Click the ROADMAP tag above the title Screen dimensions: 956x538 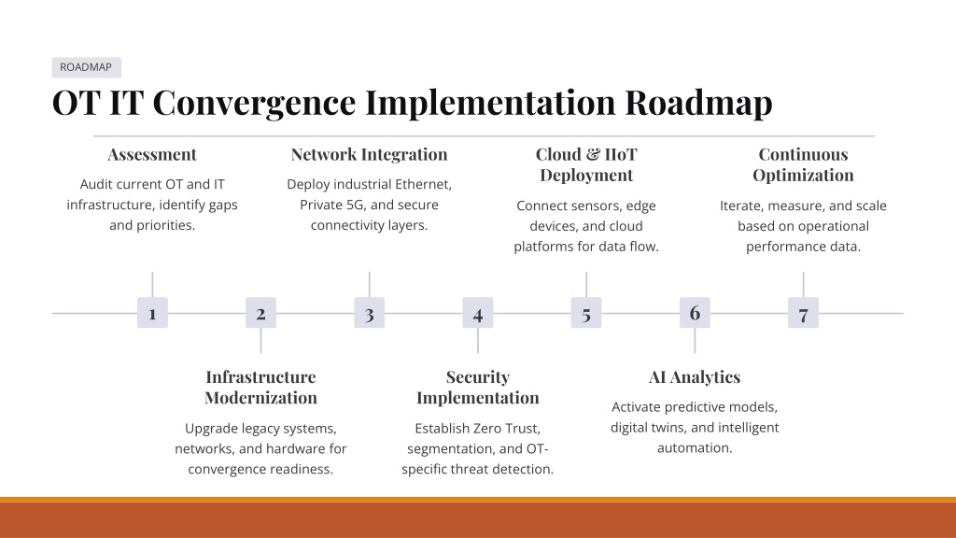tap(86, 67)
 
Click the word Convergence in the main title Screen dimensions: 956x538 tap(254, 103)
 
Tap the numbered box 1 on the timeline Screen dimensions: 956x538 tap(152, 313)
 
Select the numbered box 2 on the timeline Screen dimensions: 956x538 tap(261, 313)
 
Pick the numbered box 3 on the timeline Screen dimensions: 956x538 tap(370, 313)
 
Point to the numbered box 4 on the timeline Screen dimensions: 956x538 tap(478, 313)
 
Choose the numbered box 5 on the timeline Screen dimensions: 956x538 tap(586, 313)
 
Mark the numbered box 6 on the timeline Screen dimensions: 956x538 tap(695, 313)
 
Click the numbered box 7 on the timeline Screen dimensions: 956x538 tap(804, 313)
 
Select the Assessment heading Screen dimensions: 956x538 tap(152, 154)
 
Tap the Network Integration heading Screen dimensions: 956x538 tap(370, 155)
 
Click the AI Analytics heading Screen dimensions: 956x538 tap(695, 377)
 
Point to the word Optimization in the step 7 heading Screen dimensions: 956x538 tap(804, 176)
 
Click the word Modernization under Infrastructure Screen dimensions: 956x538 tap(261, 398)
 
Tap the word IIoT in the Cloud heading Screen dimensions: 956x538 tap(621, 154)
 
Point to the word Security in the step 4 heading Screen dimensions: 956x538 tap(478, 377)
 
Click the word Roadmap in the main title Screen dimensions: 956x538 tap(698, 103)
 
